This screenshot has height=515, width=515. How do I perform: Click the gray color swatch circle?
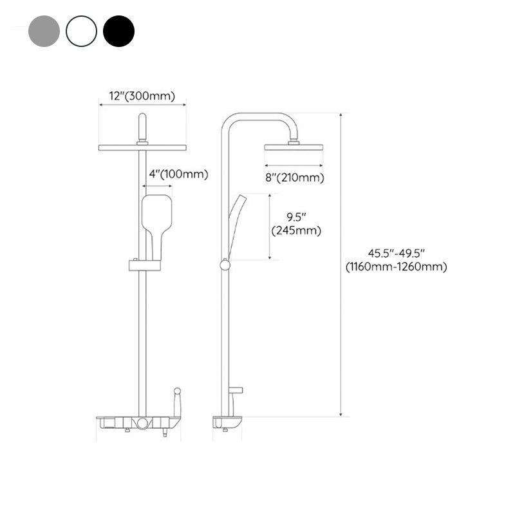[44, 31]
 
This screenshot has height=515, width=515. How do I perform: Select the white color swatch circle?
[81, 31]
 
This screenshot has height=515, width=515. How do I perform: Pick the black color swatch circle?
[118, 31]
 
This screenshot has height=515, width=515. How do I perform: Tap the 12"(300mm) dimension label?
[142, 96]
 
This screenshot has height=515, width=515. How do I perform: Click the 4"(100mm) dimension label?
[169, 174]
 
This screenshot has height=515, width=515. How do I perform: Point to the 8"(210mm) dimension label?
[294, 178]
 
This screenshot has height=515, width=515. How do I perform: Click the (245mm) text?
[297, 230]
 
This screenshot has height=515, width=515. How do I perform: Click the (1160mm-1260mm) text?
[396, 267]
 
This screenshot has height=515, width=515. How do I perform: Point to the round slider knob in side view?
[225, 265]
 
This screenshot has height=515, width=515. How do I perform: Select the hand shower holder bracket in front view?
[145, 265]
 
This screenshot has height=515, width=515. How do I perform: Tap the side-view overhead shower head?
[294, 147]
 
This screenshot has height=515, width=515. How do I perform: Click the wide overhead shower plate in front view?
[142, 147]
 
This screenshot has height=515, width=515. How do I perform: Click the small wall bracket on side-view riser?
[236, 390]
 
